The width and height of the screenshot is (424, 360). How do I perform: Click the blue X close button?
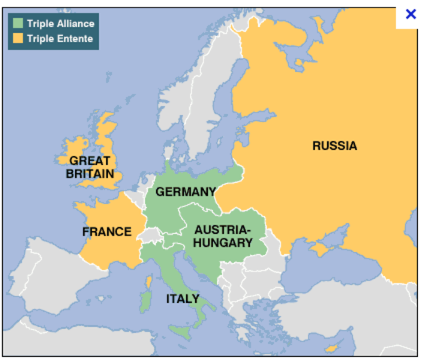pyautogui.click(x=410, y=14)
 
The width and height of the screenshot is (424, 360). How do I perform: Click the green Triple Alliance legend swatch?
pyautogui.click(x=17, y=23)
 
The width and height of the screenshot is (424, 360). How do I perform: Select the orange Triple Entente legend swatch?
pyautogui.click(x=17, y=38)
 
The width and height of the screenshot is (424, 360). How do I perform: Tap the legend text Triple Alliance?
pyautogui.click(x=61, y=23)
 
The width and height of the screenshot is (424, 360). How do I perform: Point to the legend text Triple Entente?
pyautogui.click(x=60, y=38)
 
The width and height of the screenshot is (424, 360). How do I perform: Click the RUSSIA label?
pyautogui.click(x=335, y=145)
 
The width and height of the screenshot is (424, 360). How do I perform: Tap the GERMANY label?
pyautogui.click(x=185, y=192)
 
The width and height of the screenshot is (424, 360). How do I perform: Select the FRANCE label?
pyautogui.click(x=107, y=232)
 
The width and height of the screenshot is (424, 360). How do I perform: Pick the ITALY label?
pyautogui.click(x=182, y=298)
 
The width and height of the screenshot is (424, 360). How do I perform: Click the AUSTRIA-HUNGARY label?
pyautogui.click(x=223, y=236)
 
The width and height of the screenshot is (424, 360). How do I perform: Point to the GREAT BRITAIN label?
pyautogui.click(x=89, y=167)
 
